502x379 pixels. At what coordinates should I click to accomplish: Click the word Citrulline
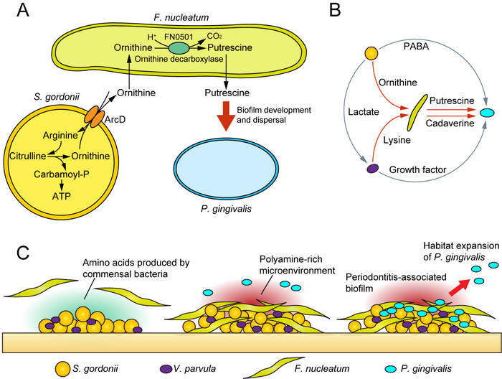(27, 156)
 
